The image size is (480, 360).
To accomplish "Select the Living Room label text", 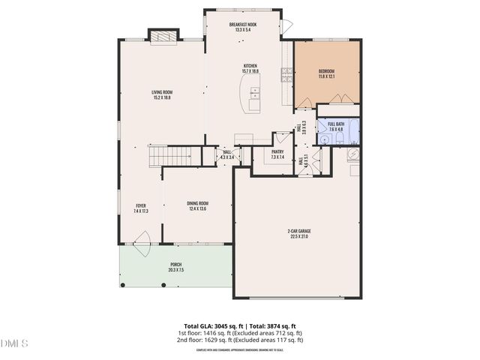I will tap(162, 94).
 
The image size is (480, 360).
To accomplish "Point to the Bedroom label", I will tap(326, 74).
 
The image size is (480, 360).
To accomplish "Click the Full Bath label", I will tap(335, 127).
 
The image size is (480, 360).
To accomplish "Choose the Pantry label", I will tap(277, 154).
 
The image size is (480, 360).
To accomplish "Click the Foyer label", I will tap(141, 208).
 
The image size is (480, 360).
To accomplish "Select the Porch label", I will tap(175, 267).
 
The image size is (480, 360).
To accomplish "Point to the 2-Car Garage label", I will tap(299, 234).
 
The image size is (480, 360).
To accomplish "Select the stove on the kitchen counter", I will tap(286, 73).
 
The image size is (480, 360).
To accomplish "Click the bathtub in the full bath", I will tap(354, 126).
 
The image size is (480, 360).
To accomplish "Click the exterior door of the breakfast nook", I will tap(286, 27).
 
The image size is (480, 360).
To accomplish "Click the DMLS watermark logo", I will tap(14, 343).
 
